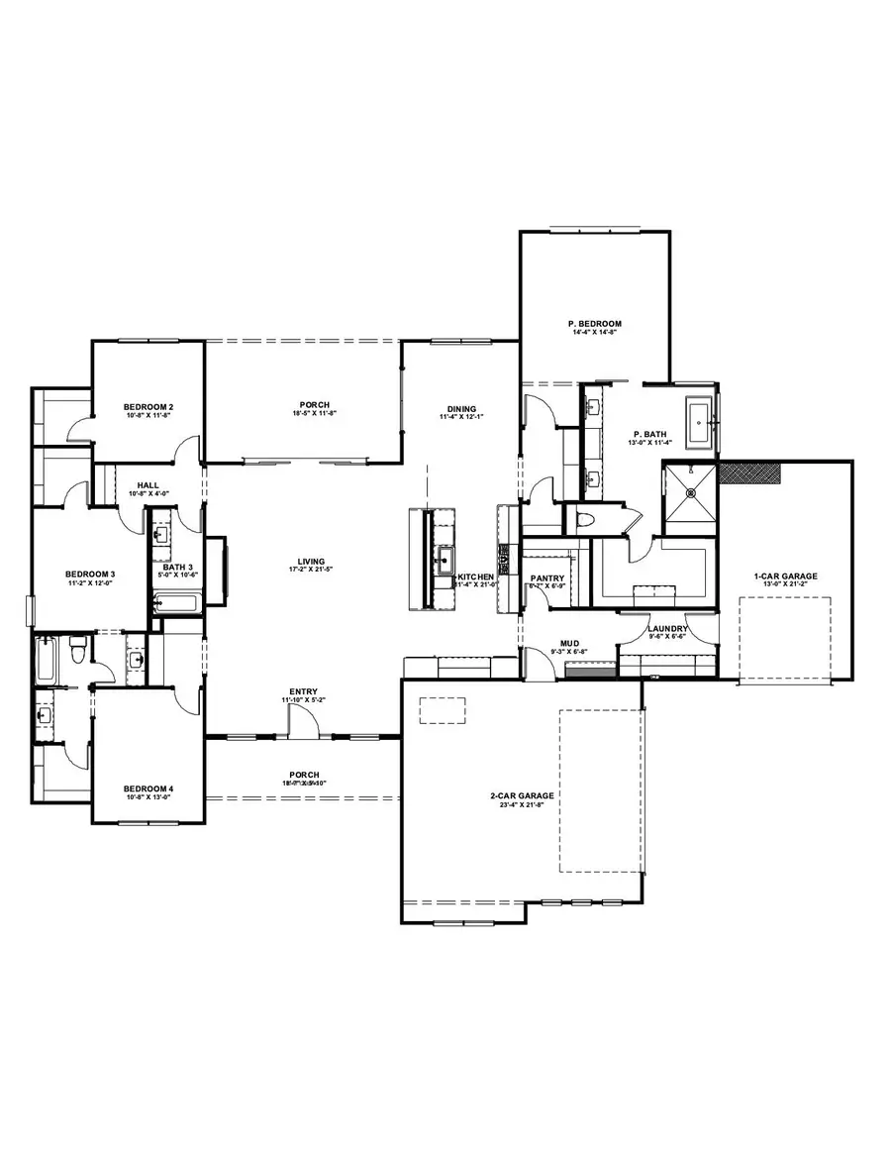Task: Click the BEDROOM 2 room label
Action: tap(148, 407)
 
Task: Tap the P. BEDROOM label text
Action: tap(594, 324)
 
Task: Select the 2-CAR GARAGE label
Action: tap(521, 795)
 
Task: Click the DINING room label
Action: tap(461, 408)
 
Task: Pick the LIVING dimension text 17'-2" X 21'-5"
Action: tap(312, 571)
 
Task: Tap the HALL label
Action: tap(148, 485)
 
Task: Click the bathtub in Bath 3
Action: tap(175, 602)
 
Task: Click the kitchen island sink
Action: tap(444, 560)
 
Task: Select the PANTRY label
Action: tap(546, 577)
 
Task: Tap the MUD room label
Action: tap(569, 643)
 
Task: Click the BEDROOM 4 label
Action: tap(148, 789)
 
